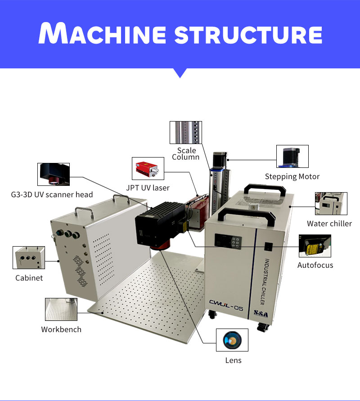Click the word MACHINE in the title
[x=103, y=33]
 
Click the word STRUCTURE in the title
[x=248, y=35]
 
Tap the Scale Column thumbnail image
[x=186, y=132]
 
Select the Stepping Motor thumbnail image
[x=292, y=156]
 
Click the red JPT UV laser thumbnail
[x=148, y=168]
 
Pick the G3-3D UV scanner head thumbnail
[x=54, y=174]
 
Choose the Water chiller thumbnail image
[x=331, y=203]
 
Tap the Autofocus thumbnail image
[x=315, y=246]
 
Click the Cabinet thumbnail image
[x=29, y=257]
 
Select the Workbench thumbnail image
[x=61, y=309]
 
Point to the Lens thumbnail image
[x=232, y=340]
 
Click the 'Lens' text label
[x=233, y=360]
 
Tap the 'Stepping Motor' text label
[x=292, y=176]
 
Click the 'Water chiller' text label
[x=329, y=224]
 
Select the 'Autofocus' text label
[x=315, y=265]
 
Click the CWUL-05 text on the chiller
[x=226, y=305]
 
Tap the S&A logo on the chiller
[x=261, y=314]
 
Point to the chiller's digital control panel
[x=228, y=241]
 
